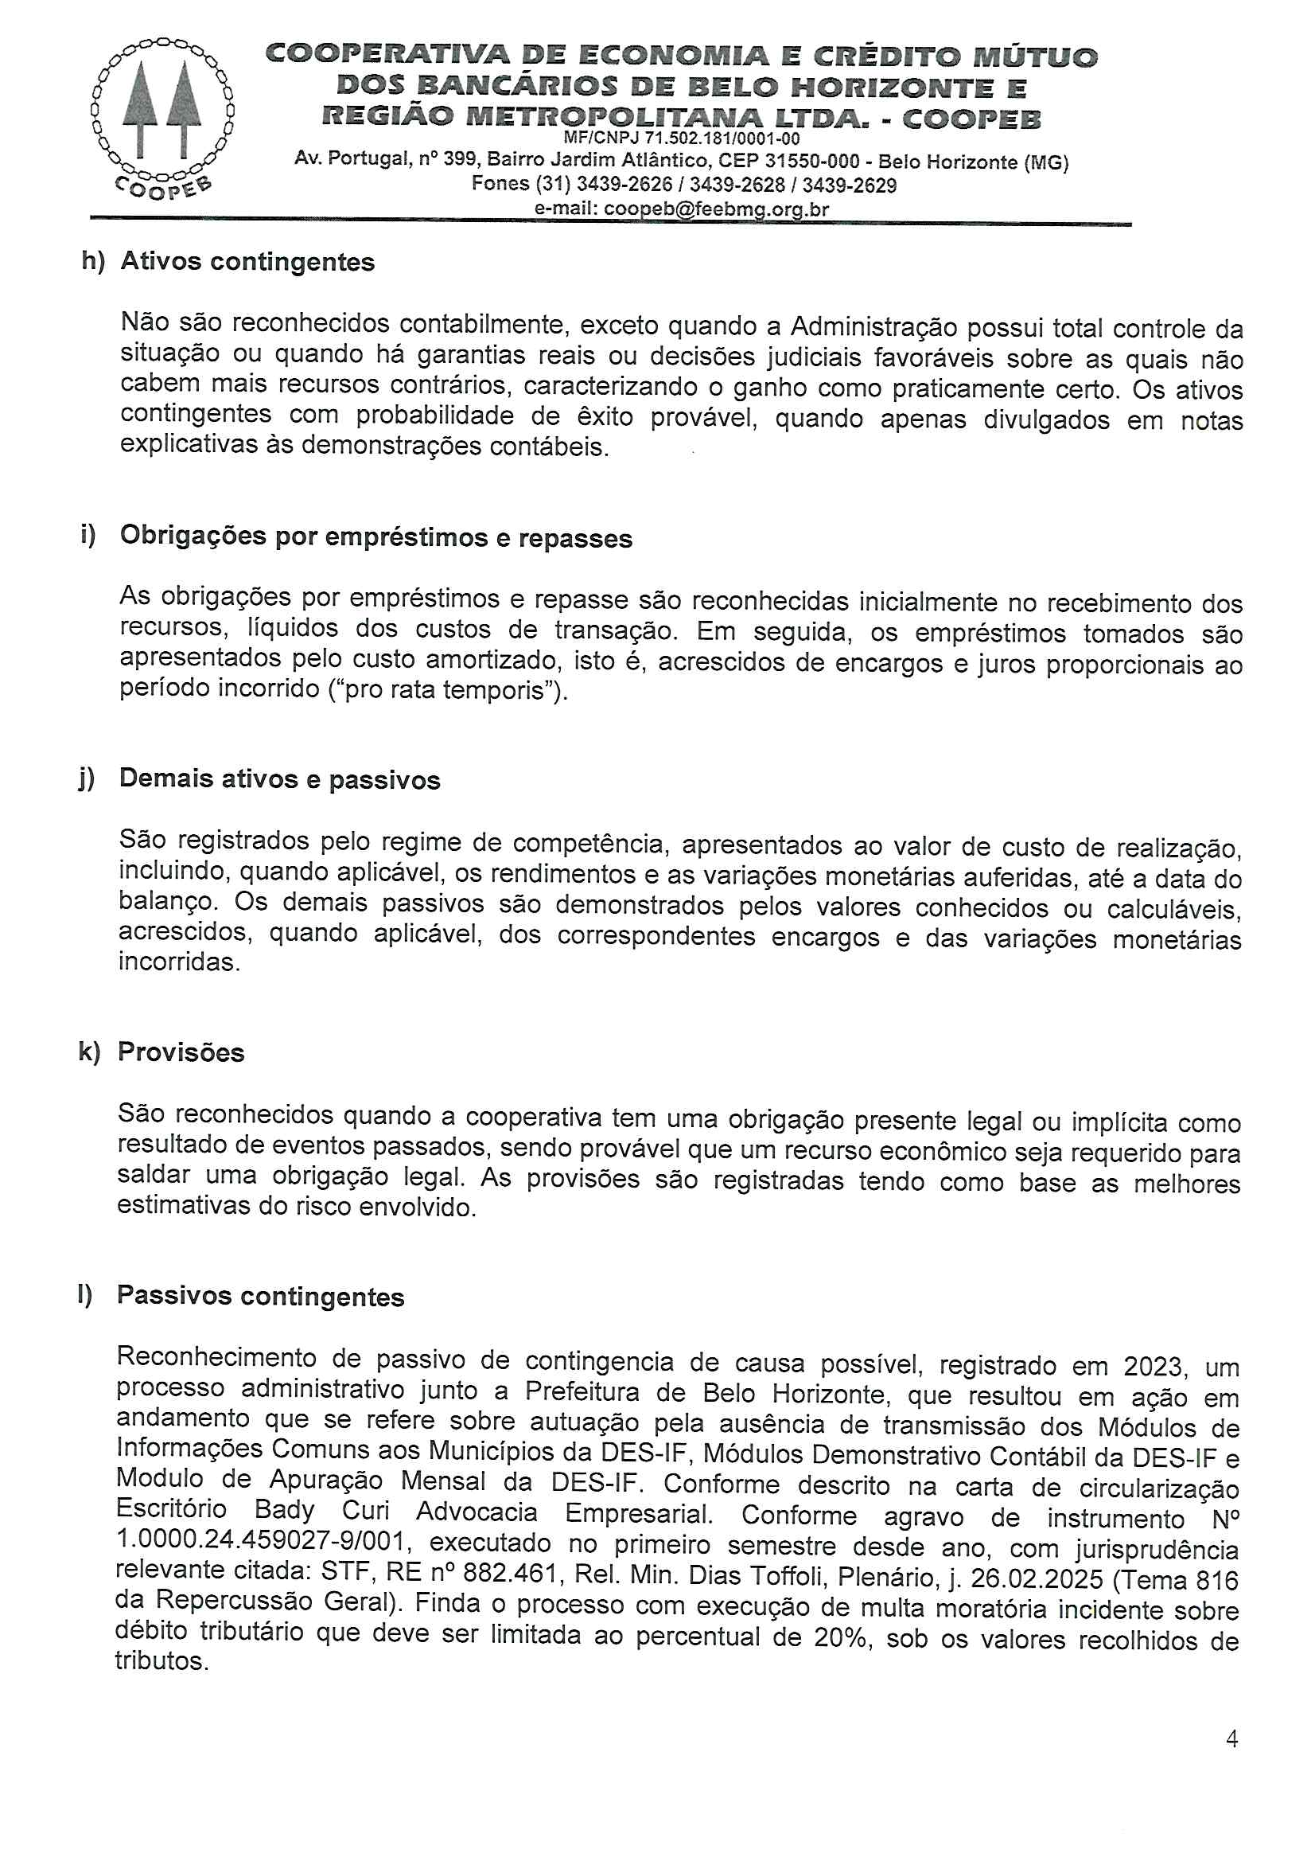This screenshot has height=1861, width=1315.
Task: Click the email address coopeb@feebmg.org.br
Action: (x=716, y=209)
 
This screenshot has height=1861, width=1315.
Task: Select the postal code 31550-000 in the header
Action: (x=812, y=161)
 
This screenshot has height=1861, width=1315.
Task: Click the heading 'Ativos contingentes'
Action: (x=247, y=262)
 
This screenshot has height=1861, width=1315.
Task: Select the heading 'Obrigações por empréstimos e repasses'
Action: (x=376, y=537)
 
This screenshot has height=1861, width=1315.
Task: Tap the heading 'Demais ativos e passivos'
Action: (x=279, y=779)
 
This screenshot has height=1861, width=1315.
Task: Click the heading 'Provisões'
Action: (x=181, y=1052)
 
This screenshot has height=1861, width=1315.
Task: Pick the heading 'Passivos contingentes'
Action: (x=260, y=1296)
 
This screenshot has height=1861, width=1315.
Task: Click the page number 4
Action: (x=1231, y=1738)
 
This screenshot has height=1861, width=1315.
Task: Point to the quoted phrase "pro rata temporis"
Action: (x=444, y=692)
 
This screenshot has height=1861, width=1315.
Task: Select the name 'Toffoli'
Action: (x=787, y=1575)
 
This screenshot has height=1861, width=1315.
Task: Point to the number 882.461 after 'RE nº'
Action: (x=511, y=1574)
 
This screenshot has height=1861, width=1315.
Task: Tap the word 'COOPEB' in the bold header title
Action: (x=971, y=119)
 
